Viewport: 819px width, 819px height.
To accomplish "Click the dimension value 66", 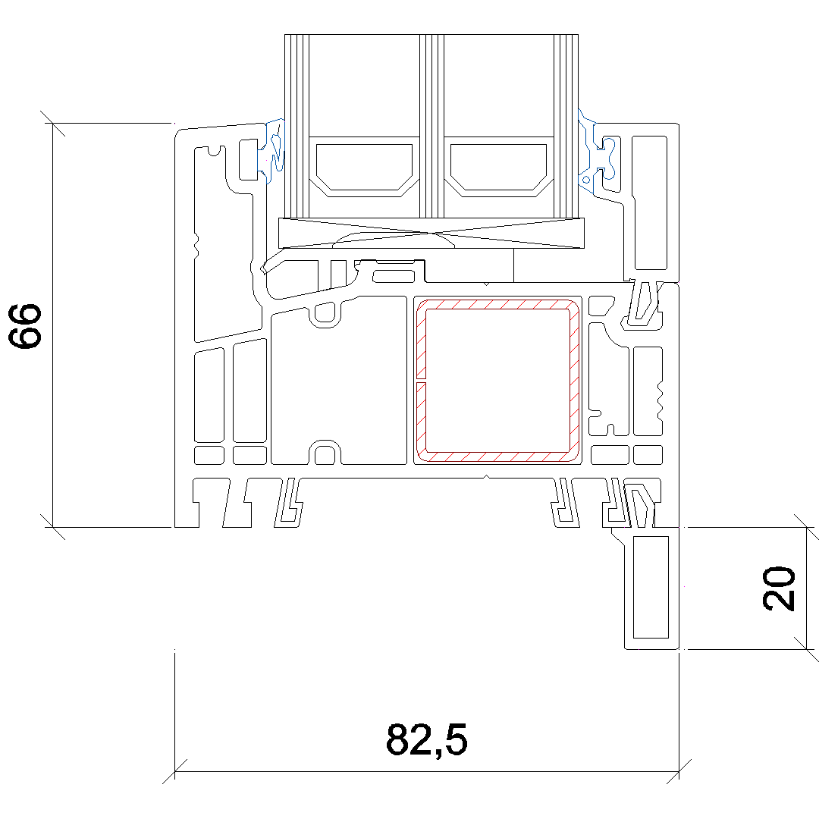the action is pyautogui.click(x=24, y=325).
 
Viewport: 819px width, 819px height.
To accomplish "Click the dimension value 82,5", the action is pyautogui.click(x=427, y=739).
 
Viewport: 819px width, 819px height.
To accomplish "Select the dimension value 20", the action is pyautogui.click(x=779, y=588).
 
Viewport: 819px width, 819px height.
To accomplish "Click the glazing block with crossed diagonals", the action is pyautogui.click(x=431, y=233).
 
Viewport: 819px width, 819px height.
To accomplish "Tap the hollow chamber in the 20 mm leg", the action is pyautogui.click(x=651, y=587).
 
